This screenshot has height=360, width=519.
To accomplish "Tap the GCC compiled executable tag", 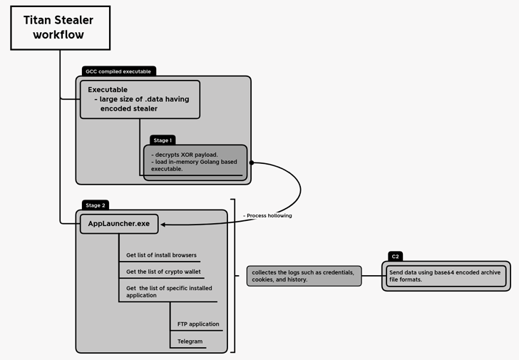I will [x=119, y=71].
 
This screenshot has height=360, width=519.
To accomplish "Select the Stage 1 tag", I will [x=163, y=140].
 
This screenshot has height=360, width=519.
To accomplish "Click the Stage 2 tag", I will [x=95, y=205].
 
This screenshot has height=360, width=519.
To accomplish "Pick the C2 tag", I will [x=395, y=256].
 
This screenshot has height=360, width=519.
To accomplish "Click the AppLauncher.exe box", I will [x=118, y=224].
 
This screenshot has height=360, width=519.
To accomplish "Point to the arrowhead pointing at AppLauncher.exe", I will [x=164, y=224].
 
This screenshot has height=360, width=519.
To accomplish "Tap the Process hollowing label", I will [x=267, y=215].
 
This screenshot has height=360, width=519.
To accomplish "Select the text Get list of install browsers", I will [x=161, y=255].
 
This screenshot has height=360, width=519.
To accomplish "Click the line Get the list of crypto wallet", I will [x=164, y=272].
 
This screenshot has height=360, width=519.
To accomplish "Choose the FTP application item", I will [x=198, y=324].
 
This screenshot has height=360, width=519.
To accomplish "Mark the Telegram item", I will [x=190, y=341].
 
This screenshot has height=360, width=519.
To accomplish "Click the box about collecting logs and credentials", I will [x=304, y=276].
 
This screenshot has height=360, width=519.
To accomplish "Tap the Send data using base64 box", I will [x=445, y=276].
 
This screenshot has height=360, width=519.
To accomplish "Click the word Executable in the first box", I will [x=108, y=90].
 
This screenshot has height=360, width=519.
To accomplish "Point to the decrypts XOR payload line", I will [x=184, y=154].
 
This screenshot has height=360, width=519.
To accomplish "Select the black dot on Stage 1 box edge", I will [x=252, y=163].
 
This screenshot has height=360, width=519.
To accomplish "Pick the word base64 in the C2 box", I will [x=446, y=272].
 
